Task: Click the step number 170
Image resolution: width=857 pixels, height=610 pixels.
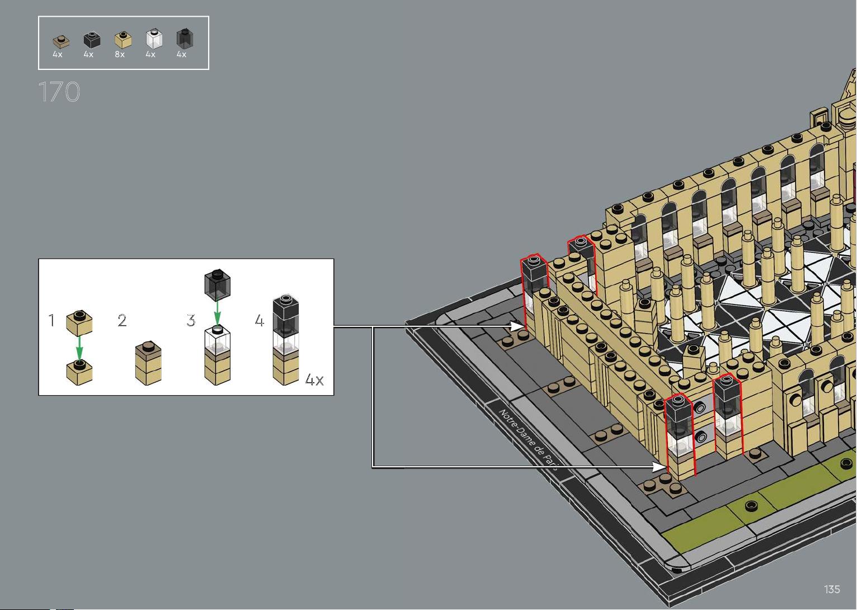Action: (59, 92)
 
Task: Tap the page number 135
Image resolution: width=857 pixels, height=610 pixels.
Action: (832, 589)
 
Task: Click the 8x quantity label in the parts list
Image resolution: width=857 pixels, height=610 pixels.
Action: (120, 54)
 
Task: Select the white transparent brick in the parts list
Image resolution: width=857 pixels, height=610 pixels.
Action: (154, 39)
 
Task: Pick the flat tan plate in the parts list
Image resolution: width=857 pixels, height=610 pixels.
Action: (61, 42)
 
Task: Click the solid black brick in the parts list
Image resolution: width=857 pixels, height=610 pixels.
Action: (92, 40)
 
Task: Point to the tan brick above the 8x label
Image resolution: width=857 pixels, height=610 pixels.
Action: (123, 40)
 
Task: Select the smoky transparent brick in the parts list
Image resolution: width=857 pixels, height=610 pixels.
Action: (185, 39)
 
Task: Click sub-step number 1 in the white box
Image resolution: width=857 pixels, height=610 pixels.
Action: (51, 320)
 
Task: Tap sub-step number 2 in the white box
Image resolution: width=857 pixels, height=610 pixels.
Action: (122, 320)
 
